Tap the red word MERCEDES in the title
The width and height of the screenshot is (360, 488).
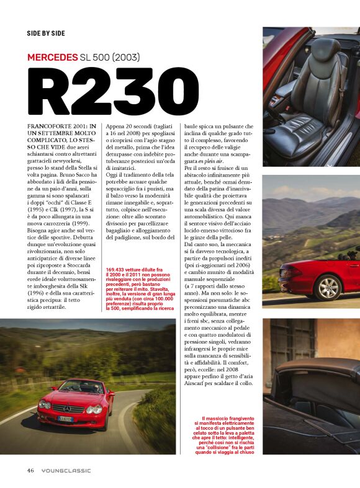point(52,58)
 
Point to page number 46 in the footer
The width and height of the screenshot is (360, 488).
point(30,470)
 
